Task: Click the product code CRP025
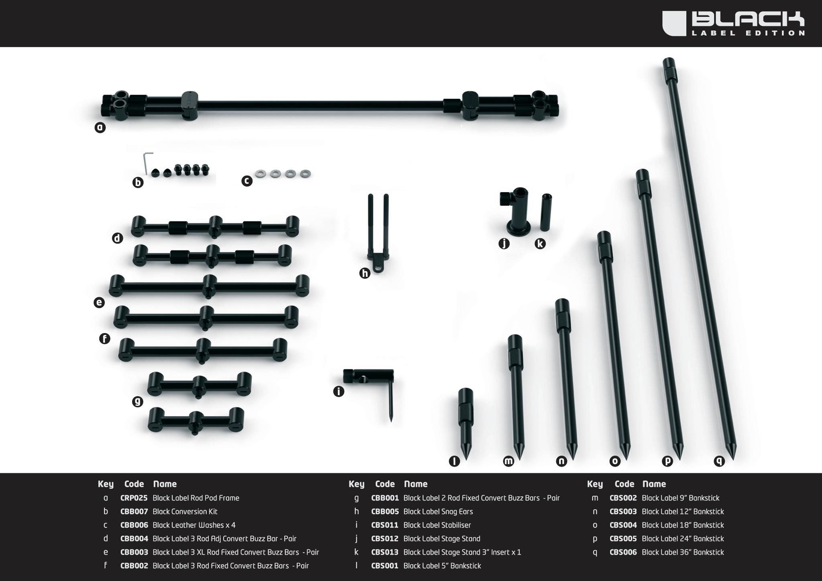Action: click(x=134, y=498)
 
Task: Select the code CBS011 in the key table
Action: click(x=385, y=525)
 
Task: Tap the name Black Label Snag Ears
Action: click(x=438, y=512)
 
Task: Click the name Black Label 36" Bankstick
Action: click(x=682, y=553)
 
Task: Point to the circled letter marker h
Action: click(x=364, y=273)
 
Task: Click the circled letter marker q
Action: click(x=719, y=461)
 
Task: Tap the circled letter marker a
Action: click(x=100, y=128)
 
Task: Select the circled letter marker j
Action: click(x=504, y=244)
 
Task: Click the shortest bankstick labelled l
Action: click(x=466, y=421)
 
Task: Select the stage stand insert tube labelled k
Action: click(x=546, y=212)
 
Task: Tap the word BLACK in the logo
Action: click(x=748, y=19)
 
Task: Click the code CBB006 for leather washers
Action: click(x=134, y=525)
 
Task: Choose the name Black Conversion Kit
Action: click(x=185, y=512)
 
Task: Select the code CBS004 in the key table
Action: click(x=623, y=525)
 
